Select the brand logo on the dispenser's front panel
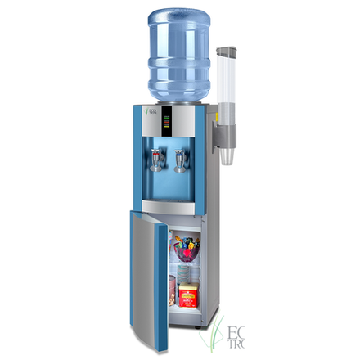[147, 112]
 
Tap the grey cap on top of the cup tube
[226, 51]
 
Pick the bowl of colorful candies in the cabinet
[184, 244]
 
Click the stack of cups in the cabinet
[185, 273]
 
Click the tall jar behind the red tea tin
[173, 291]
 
